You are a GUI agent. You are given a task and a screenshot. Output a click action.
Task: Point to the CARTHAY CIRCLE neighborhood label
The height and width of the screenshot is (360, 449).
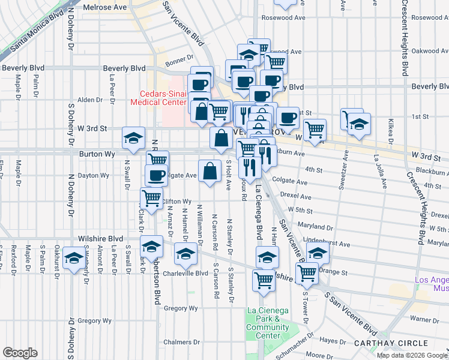(391, 343)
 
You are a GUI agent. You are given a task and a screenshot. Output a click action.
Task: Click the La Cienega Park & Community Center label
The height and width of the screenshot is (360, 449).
(267, 319)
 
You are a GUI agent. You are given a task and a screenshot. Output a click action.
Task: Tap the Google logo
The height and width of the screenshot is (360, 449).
(20, 353)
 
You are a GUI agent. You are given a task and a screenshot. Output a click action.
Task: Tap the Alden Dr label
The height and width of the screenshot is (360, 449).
(90, 100)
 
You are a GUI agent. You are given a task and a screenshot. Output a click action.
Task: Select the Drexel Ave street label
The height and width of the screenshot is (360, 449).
(299, 196)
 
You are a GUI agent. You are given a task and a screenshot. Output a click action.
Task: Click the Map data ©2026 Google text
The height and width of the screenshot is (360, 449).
(411, 355)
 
